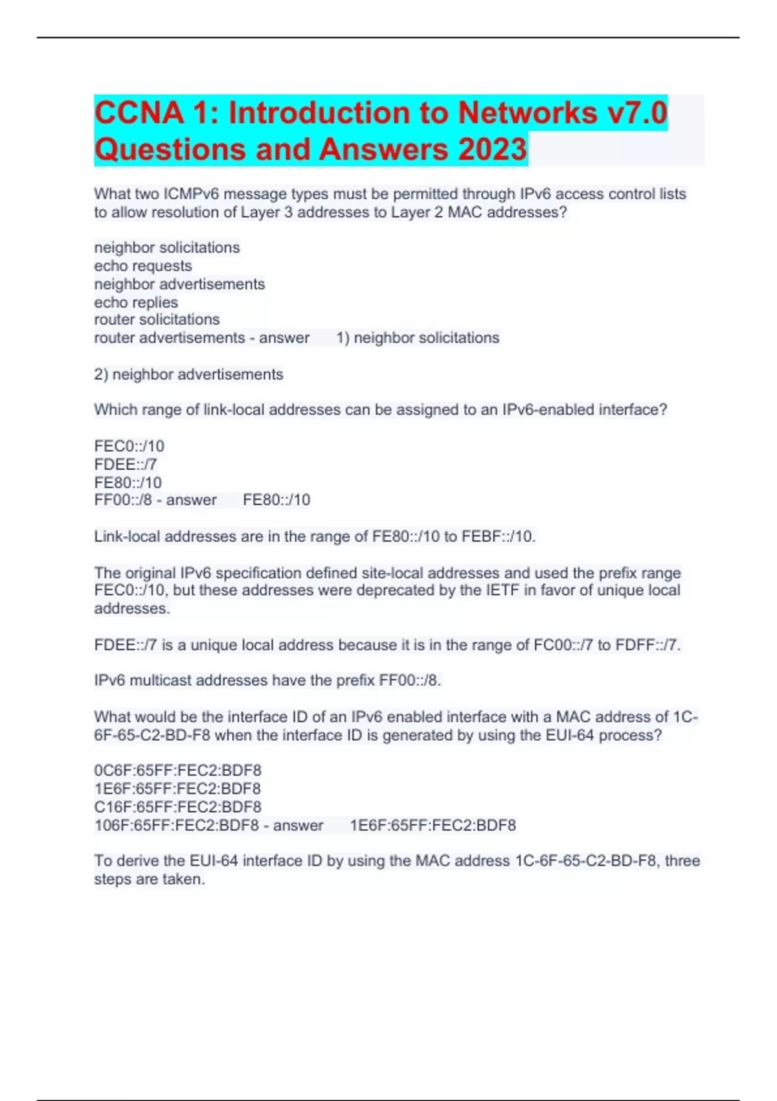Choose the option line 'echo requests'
coord(143,266)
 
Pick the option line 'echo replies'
coord(136,302)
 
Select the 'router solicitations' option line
coord(157,320)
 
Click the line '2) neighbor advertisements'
coord(188,374)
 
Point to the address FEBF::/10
coord(497,537)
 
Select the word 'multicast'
coord(161,681)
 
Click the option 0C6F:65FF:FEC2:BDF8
coord(178,771)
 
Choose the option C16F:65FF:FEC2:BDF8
coord(178,807)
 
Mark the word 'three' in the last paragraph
coord(682,861)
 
